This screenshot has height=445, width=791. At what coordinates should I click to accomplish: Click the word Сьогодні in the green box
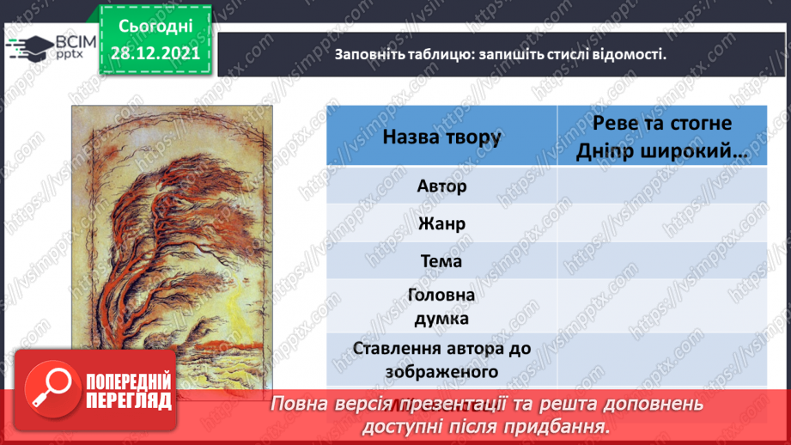pyautogui.click(x=155, y=27)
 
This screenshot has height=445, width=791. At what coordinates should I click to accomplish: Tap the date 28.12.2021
pyautogui.click(x=155, y=53)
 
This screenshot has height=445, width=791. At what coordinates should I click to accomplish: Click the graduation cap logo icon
pyautogui.click(x=29, y=48)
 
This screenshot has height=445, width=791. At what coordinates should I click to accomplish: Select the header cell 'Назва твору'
pyautogui.click(x=441, y=137)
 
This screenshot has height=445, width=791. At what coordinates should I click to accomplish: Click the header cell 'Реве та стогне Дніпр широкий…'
pyautogui.click(x=662, y=137)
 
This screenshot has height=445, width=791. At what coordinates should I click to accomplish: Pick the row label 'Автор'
pyautogui.click(x=441, y=186)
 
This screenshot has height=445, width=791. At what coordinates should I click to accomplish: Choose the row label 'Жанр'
pyautogui.click(x=441, y=223)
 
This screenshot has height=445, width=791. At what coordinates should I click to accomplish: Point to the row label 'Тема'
pyautogui.click(x=441, y=261)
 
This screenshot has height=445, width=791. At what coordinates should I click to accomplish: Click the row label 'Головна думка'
pyautogui.click(x=441, y=306)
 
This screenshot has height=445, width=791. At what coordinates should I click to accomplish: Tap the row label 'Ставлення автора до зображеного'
pyautogui.click(x=441, y=360)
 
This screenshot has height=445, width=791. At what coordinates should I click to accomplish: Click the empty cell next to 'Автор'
pyautogui.click(x=662, y=186)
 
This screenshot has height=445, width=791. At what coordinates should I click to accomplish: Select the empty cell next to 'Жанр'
pyautogui.click(x=662, y=223)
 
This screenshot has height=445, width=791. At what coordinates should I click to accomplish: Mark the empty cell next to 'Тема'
pyautogui.click(x=662, y=261)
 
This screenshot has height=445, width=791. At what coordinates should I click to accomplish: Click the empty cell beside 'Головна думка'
pyautogui.click(x=662, y=306)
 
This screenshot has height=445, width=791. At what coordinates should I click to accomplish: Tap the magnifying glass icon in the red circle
pyautogui.click(x=52, y=389)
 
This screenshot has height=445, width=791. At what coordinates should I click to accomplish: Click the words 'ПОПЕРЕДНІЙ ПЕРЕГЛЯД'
pyautogui.click(x=129, y=391)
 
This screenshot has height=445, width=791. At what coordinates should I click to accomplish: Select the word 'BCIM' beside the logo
pyautogui.click(x=76, y=41)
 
